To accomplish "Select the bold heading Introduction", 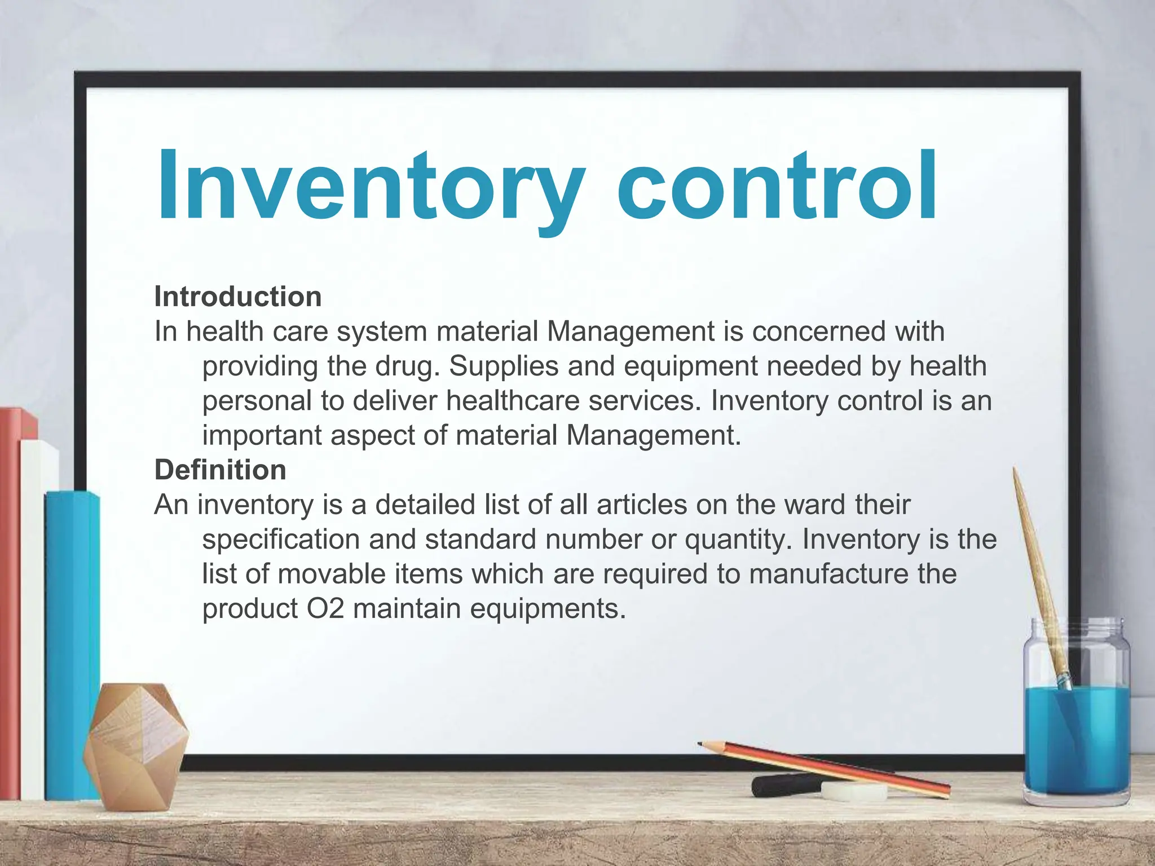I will (238, 297).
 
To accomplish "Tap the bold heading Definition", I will (221, 470).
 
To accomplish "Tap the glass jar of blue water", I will (1076, 733).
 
